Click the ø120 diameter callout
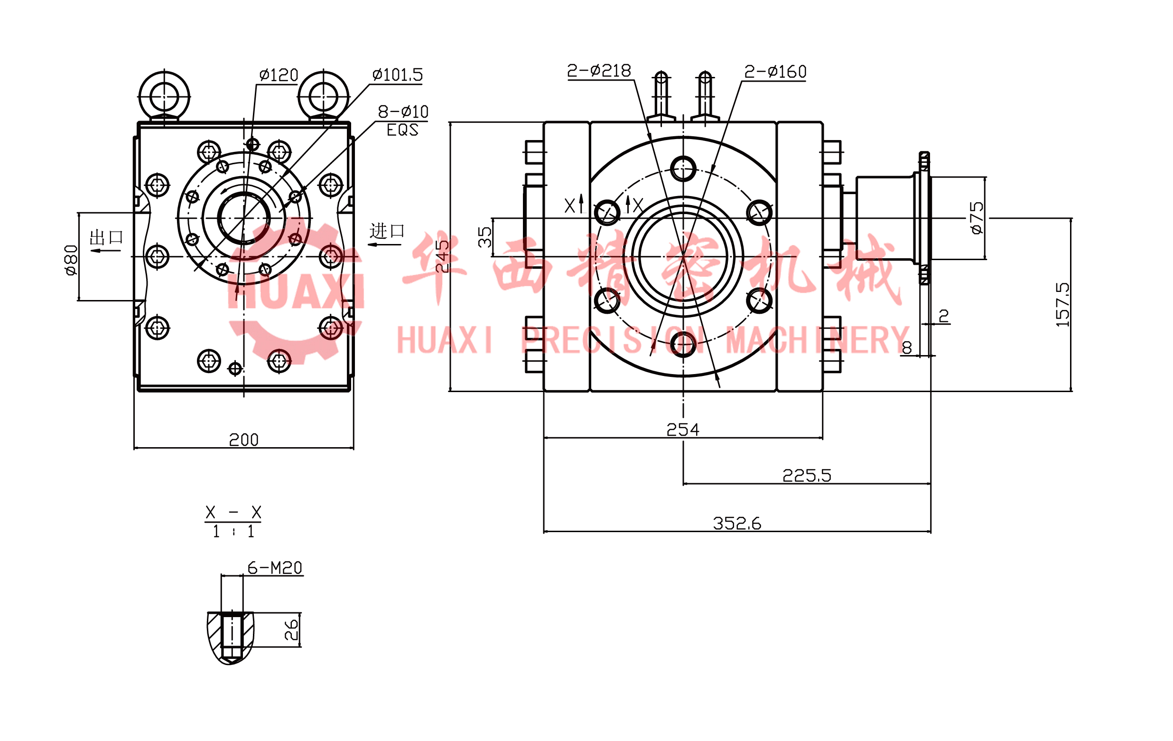pos(279,75)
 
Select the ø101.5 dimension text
pos(398,75)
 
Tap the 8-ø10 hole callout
pos(403,112)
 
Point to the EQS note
pos(402,130)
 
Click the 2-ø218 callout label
pos(599,71)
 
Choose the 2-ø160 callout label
pos(775,72)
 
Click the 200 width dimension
pos(243,440)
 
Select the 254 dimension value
pos(682,429)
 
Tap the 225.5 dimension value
pos(807,475)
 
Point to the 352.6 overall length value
pos(736,523)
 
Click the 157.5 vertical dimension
pos(1062,304)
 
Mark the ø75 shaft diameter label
pos(977,218)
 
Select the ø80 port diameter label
pos(71,260)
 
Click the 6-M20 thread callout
pos(275,568)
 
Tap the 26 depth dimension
pos(291,629)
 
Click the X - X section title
pos(233,512)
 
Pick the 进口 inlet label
pos(387,230)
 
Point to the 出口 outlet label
pos(106,237)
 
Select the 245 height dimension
pos(442,256)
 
